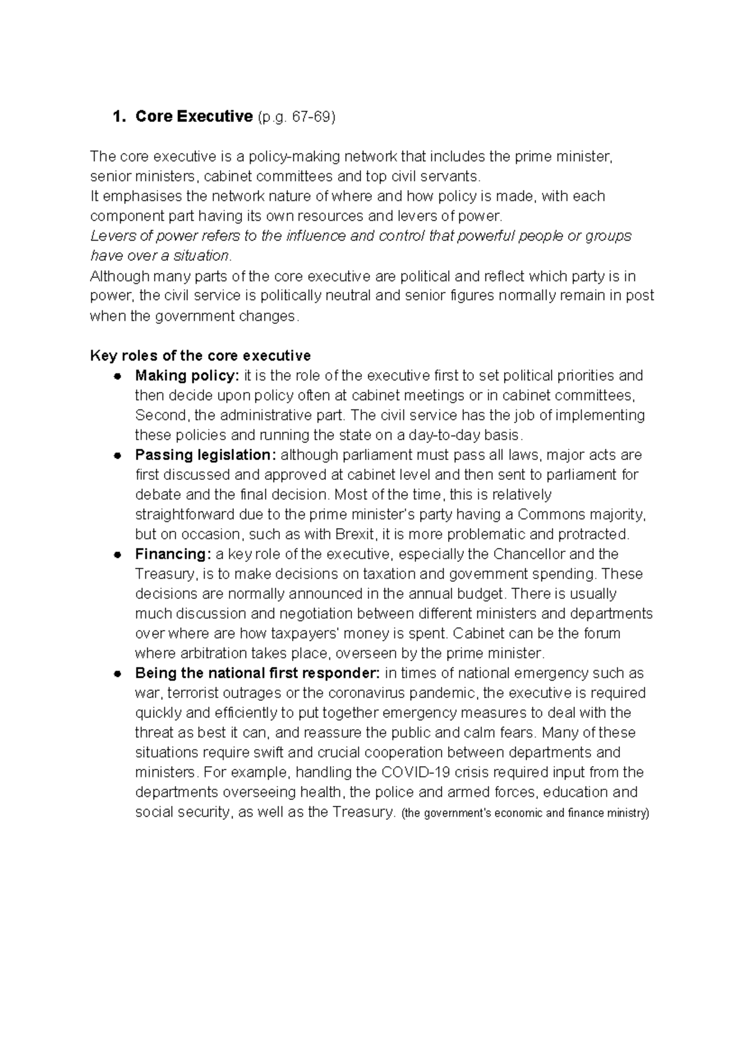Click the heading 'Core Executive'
point(194,116)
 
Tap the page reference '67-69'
point(311,117)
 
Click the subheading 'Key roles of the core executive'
point(200,355)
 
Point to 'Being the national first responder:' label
point(257,673)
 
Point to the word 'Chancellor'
point(528,554)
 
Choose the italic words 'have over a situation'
point(160,255)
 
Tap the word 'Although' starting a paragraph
point(119,276)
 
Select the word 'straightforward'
point(185,515)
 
